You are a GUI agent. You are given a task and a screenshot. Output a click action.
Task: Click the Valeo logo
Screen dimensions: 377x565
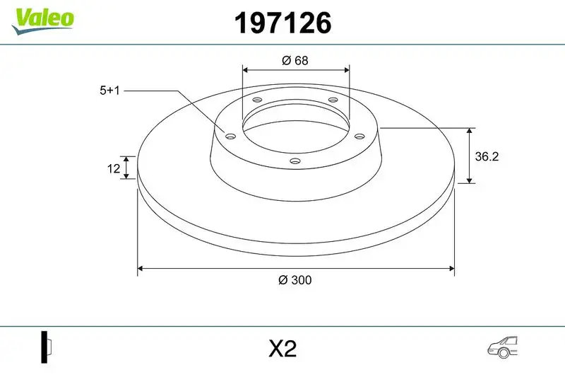point(42,18)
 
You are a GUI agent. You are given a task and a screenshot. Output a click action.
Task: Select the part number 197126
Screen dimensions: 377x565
point(282,23)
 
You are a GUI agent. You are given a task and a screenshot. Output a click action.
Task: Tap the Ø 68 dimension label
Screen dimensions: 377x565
point(295,60)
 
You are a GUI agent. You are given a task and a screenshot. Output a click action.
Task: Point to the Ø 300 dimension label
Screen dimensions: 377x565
point(295,280)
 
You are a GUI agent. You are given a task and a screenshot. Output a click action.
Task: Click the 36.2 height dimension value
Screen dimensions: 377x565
point(487,157)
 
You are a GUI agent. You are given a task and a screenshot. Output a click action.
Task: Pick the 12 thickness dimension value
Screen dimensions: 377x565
point(112,168)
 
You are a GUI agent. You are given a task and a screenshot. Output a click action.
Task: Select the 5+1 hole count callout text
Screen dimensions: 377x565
point(110,91)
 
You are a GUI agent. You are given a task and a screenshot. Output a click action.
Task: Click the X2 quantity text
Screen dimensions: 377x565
point(282,349)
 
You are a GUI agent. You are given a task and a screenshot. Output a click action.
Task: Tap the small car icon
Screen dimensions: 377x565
point(503,346)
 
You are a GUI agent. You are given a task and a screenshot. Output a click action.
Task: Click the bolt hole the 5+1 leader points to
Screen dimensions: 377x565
point(230,136)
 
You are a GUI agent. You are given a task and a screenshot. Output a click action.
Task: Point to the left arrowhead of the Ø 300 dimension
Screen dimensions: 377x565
point(141,269)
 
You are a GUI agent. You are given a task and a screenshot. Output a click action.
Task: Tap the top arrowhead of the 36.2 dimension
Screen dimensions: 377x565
point(470,132)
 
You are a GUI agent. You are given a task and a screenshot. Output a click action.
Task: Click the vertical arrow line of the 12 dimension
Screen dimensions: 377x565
point(126,168)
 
